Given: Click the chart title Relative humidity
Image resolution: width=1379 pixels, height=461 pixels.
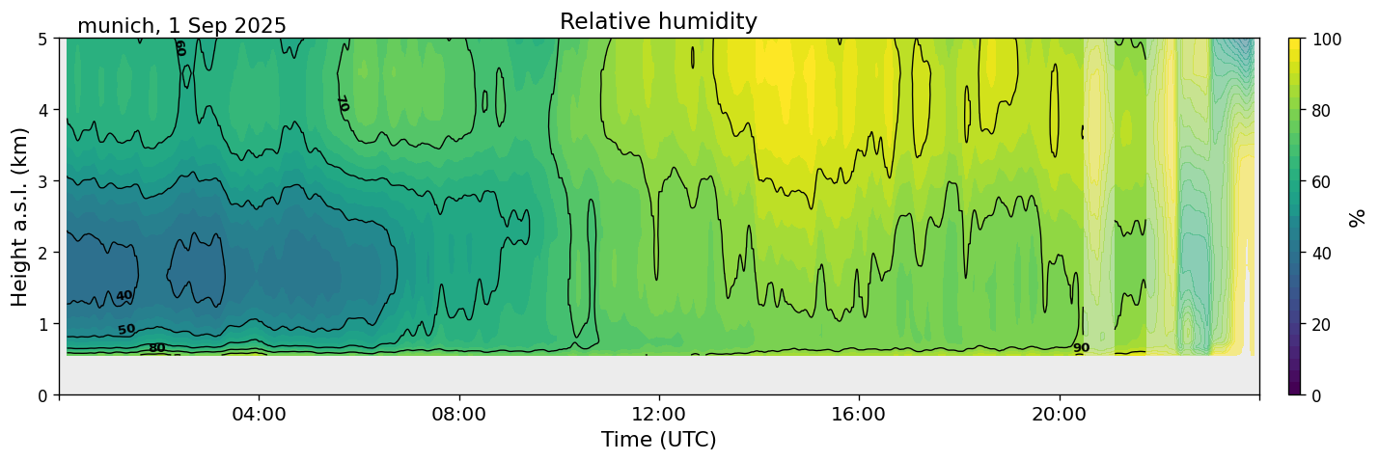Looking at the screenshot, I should (x=658, y=22).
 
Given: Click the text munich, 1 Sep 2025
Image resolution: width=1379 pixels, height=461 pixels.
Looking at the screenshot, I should (x=181, y=26).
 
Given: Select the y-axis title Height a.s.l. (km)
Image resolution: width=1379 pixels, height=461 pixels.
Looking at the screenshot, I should (x=20, y=217).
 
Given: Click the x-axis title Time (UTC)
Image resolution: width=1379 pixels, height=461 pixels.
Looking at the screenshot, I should (x=658, y=440).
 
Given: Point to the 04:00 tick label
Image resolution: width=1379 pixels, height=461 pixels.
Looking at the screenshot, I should (x=259, y=415).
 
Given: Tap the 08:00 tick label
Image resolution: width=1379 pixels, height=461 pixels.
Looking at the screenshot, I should (x=458, y=415).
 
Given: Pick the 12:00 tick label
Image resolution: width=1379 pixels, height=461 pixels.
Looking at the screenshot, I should (x=658, y=415).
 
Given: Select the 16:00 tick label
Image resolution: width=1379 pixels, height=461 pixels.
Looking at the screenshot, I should (x=858, y=415).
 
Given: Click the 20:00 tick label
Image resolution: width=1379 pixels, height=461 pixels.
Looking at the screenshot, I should (x=1059, y=415).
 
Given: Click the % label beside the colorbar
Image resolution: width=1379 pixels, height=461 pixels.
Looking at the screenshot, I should (x=1357, y=217).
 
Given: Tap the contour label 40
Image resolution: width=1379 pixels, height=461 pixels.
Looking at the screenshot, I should (x=124, y=296).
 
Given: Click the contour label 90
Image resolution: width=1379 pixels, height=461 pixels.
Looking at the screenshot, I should (x=1081, y=348).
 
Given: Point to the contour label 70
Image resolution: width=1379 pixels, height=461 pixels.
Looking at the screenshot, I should (x=342, y=103).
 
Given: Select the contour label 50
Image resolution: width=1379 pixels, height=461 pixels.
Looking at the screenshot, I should (x=126, y=330).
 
